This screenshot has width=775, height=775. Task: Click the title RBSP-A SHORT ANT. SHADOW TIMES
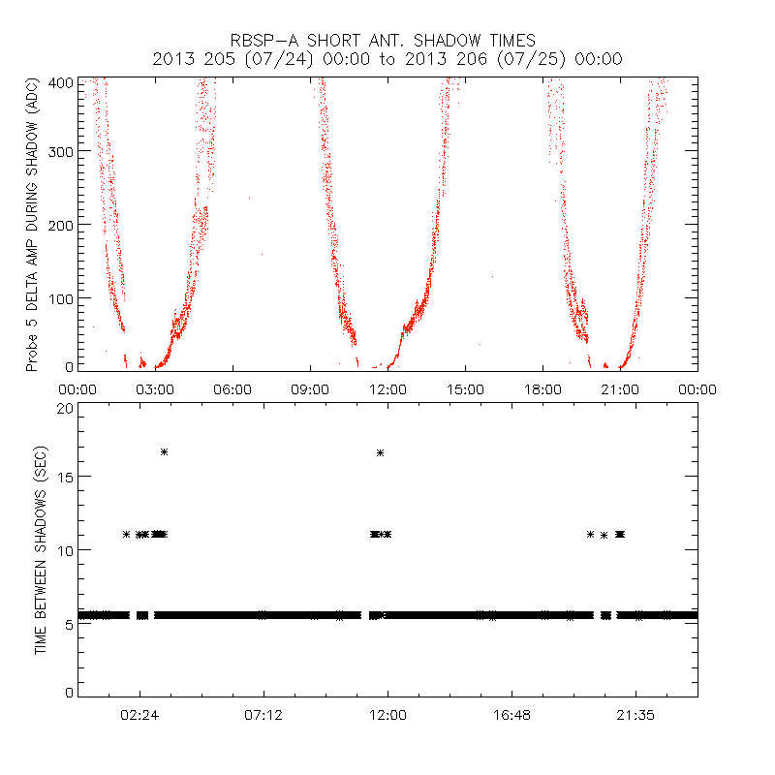click(x=387, y=41)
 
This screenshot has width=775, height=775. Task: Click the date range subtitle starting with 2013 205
click(x=387, y=60)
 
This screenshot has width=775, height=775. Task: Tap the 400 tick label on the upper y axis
click(x=64, y=82)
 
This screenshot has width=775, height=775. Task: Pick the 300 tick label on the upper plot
click(x=64, y=151)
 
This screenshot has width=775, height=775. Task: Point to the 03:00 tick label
click(x=155, y=388)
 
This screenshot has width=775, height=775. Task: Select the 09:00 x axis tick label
click(x=310, y=388)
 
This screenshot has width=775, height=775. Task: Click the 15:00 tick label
click(x=465, y=388)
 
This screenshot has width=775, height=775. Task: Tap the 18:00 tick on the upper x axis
click(x=542, y=388)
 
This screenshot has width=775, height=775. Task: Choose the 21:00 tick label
click(x=620, y=388)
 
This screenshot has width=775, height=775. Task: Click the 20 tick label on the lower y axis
click(x=66, y=409)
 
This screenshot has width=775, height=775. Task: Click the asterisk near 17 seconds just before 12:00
click(x=381, y=452)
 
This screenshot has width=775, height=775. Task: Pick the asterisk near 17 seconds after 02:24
click(x=165, y=451)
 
